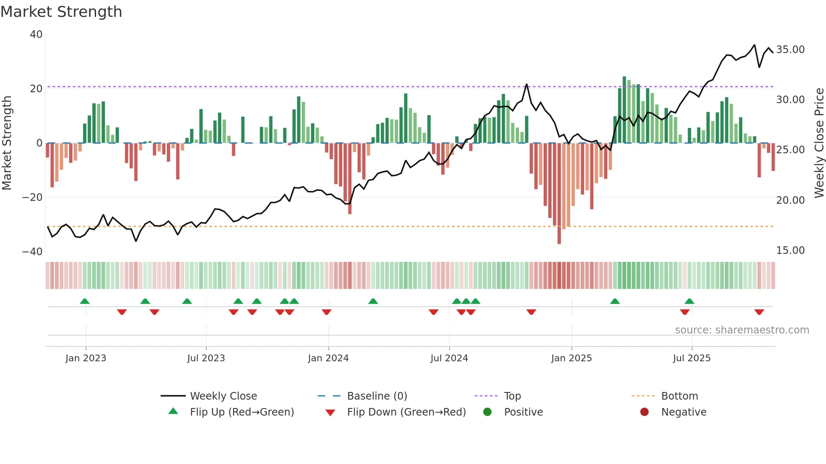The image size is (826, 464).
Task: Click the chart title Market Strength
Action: [61, 12]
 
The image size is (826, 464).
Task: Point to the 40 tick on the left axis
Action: [36, 35]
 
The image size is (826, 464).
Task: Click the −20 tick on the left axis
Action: [32, 197]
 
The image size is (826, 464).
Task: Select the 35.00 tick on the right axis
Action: [790, 50]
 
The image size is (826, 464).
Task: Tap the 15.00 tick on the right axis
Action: [790, 251]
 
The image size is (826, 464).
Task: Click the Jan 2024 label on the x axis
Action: [328, 358]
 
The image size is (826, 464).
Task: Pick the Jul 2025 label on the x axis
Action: [692, 358]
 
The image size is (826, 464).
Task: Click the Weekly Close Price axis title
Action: [819, 143]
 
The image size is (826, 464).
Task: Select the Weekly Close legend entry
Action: [223, 396]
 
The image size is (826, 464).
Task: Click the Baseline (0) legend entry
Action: [377, 396]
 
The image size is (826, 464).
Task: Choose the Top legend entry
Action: [512, 396]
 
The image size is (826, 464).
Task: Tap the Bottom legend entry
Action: [679, 396]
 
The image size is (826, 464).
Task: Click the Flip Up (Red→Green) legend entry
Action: [241, 412]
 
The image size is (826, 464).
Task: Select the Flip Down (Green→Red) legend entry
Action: [406, 412]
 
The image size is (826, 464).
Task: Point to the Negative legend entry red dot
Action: [644, 412]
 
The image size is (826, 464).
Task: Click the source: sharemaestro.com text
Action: [742, 330]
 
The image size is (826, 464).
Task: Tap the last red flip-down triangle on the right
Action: [759, 312]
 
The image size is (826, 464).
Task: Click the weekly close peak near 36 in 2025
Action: [754, 45]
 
